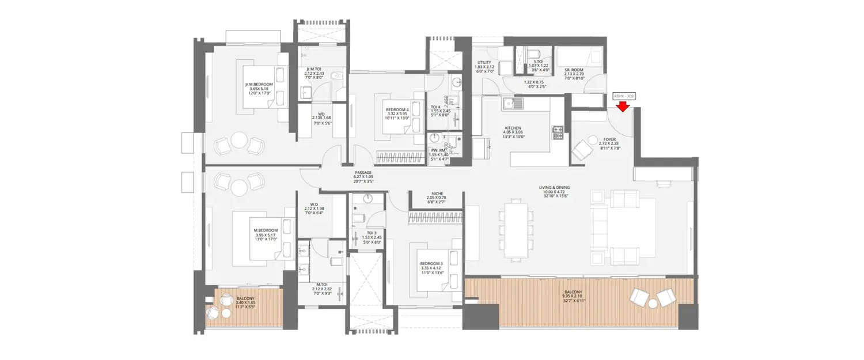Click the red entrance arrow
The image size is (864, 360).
click(623, 107)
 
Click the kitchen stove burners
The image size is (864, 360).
click(558, 133)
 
